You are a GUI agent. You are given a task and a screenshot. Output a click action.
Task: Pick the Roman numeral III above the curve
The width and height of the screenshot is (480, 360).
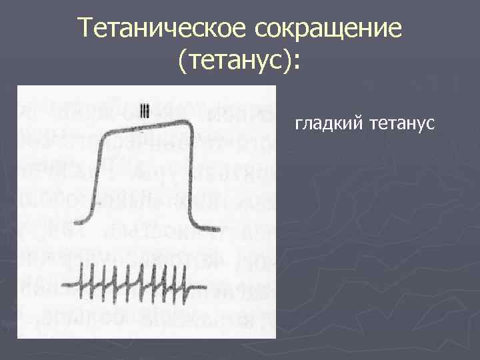(145, 109)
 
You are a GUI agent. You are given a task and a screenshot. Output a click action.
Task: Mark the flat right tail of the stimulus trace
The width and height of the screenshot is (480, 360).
(190, 289)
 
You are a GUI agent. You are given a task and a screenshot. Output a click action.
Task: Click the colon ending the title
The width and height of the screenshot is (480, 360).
(297, 63)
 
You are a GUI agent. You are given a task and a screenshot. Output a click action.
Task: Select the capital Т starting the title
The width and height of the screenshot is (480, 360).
(84, 28)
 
